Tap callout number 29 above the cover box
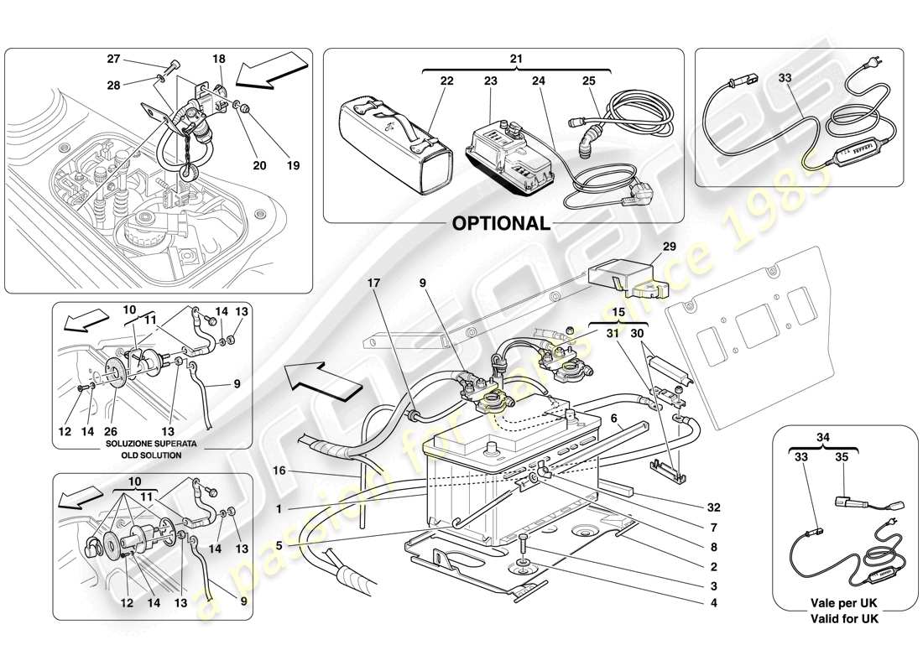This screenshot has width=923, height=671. point(669,248)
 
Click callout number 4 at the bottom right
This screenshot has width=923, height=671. point(712,602)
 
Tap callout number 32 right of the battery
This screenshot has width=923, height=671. point(712,508)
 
